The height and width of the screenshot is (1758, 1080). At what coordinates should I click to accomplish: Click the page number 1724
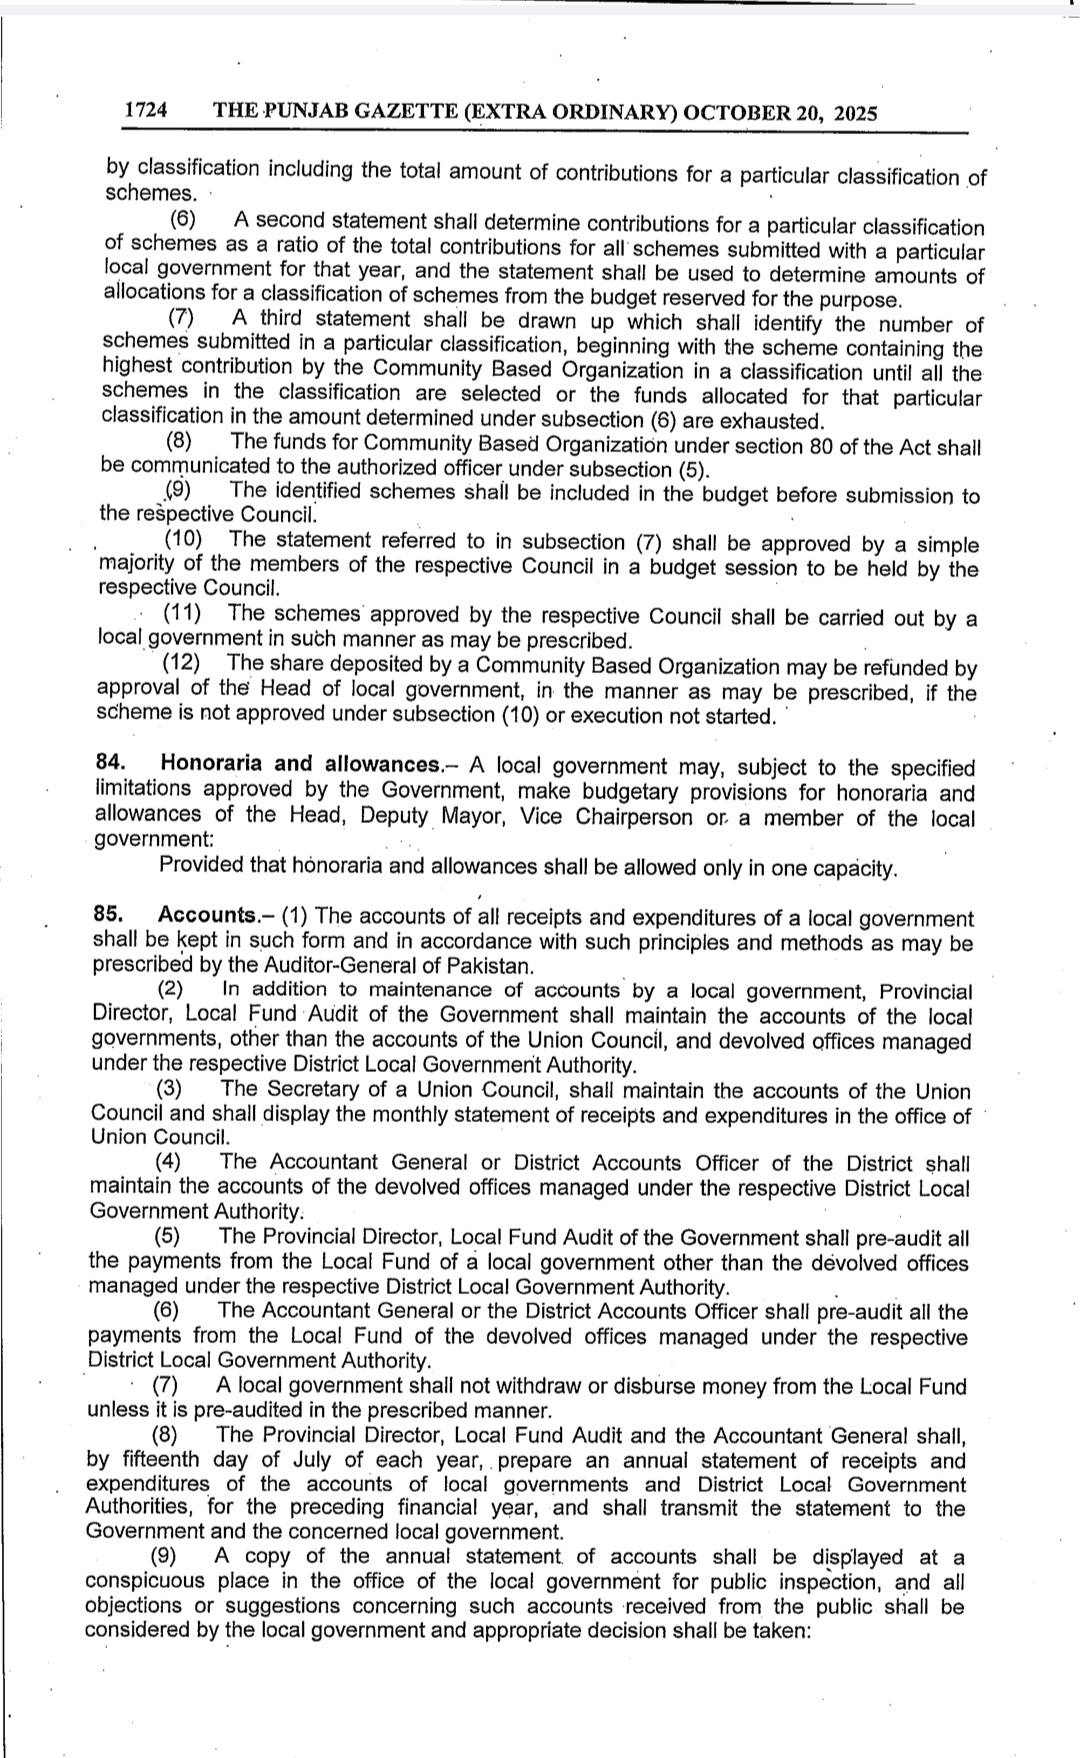point(145,112)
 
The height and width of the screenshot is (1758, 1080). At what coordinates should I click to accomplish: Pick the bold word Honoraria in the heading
point(208,764)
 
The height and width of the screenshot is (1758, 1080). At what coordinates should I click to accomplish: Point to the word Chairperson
point(633,817)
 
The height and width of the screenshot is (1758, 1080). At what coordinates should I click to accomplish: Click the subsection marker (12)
point(181,663)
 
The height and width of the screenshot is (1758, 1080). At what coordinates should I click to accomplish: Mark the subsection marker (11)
point(182,614)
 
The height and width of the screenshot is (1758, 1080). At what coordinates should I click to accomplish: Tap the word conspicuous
point(146,1582)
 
